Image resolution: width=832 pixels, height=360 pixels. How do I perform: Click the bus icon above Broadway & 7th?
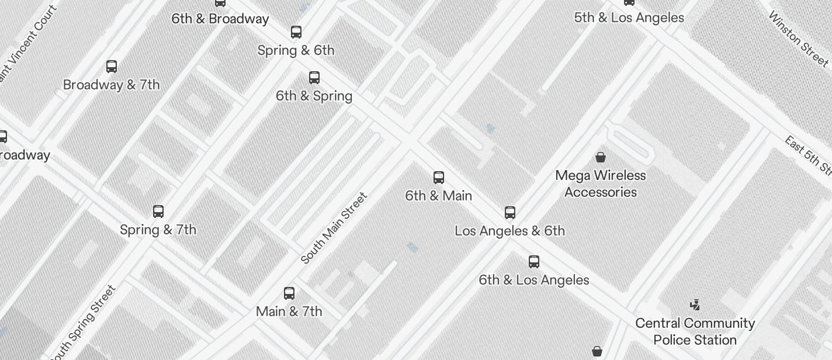coord(112,67)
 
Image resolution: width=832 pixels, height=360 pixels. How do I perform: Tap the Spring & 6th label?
coord(296,50)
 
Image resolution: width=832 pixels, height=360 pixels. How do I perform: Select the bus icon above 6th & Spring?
coord(314,78)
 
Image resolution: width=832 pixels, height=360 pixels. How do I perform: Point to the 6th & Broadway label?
coord(220,19)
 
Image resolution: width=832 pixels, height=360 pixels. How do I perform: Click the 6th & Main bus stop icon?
coord(439,178)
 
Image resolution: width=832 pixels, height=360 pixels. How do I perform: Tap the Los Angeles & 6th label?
coord(509,231)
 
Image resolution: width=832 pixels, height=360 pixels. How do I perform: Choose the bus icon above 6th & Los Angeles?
coord(534,261)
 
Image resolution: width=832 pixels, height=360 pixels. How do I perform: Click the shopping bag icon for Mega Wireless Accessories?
coord(600,157)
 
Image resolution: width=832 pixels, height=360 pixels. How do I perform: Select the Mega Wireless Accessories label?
coord(601,184)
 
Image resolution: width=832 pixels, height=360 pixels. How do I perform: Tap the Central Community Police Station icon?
coord(695,304)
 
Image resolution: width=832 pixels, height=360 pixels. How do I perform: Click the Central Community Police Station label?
coord(695,331)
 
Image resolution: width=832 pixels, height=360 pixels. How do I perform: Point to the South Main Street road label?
coord(334,228)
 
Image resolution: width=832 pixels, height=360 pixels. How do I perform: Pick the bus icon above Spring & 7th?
coord(158,212)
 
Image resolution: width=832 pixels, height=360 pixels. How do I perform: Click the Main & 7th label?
coord(289,311)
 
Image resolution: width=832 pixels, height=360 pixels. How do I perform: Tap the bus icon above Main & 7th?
coord(289,293)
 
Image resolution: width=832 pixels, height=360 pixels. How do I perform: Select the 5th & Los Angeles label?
coord(629,18)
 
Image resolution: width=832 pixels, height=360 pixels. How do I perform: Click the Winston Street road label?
coord(799,39)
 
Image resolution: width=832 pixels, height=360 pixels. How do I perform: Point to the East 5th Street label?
coord(809,155)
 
